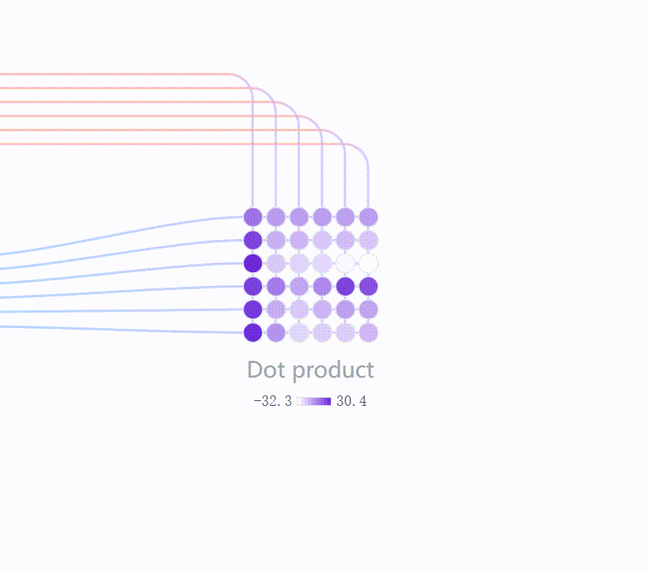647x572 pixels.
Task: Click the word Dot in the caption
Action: point(266,369)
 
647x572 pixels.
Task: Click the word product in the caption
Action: point(333,370)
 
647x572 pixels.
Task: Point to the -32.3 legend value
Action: point(272,401)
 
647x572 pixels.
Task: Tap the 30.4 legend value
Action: point(352,401)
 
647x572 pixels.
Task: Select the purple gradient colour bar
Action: point(314,401)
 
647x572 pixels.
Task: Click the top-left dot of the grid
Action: point(253,217)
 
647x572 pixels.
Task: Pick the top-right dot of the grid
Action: point(368,217)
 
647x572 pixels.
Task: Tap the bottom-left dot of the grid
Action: point(253,332)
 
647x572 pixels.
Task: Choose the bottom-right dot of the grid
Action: point(368,332)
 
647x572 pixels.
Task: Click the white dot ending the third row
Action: point(368,263)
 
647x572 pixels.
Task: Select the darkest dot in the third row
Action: point(253,263)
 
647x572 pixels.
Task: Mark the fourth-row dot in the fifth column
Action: point(345,286)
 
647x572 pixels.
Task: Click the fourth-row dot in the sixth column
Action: point(368,286)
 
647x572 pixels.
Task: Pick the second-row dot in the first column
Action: point(253,240)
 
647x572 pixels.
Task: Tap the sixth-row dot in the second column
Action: point(276,332)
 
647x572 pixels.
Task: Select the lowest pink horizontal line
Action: point(174,144)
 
